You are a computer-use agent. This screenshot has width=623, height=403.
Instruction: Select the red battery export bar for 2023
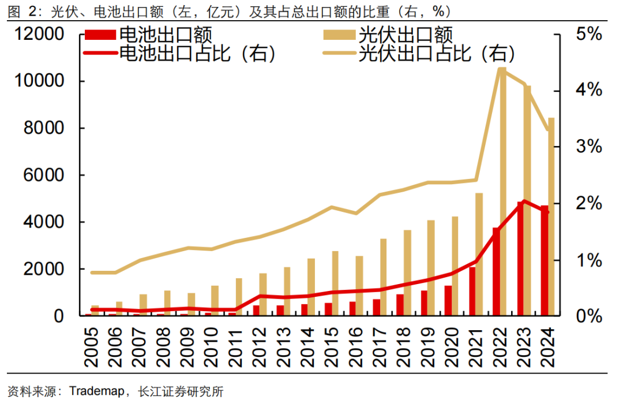(x=520, y=260)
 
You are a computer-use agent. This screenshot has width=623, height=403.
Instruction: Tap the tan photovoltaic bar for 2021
(x=478, y=254)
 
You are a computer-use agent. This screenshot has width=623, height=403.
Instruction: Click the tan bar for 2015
(x=335, y=283)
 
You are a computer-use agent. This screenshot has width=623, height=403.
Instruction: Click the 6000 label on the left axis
(x=44, y=176)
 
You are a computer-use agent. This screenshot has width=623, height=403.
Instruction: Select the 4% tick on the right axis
(x=588, y=91)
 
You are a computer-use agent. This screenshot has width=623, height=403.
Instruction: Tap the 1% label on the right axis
(x=588, y=260)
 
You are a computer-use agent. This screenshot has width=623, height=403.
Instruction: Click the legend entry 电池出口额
(x=165, y=35)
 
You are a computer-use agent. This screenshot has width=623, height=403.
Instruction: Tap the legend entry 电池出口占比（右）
(x=196, y=54)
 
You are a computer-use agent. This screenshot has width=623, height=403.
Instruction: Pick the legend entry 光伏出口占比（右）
(x=436, y=54)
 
